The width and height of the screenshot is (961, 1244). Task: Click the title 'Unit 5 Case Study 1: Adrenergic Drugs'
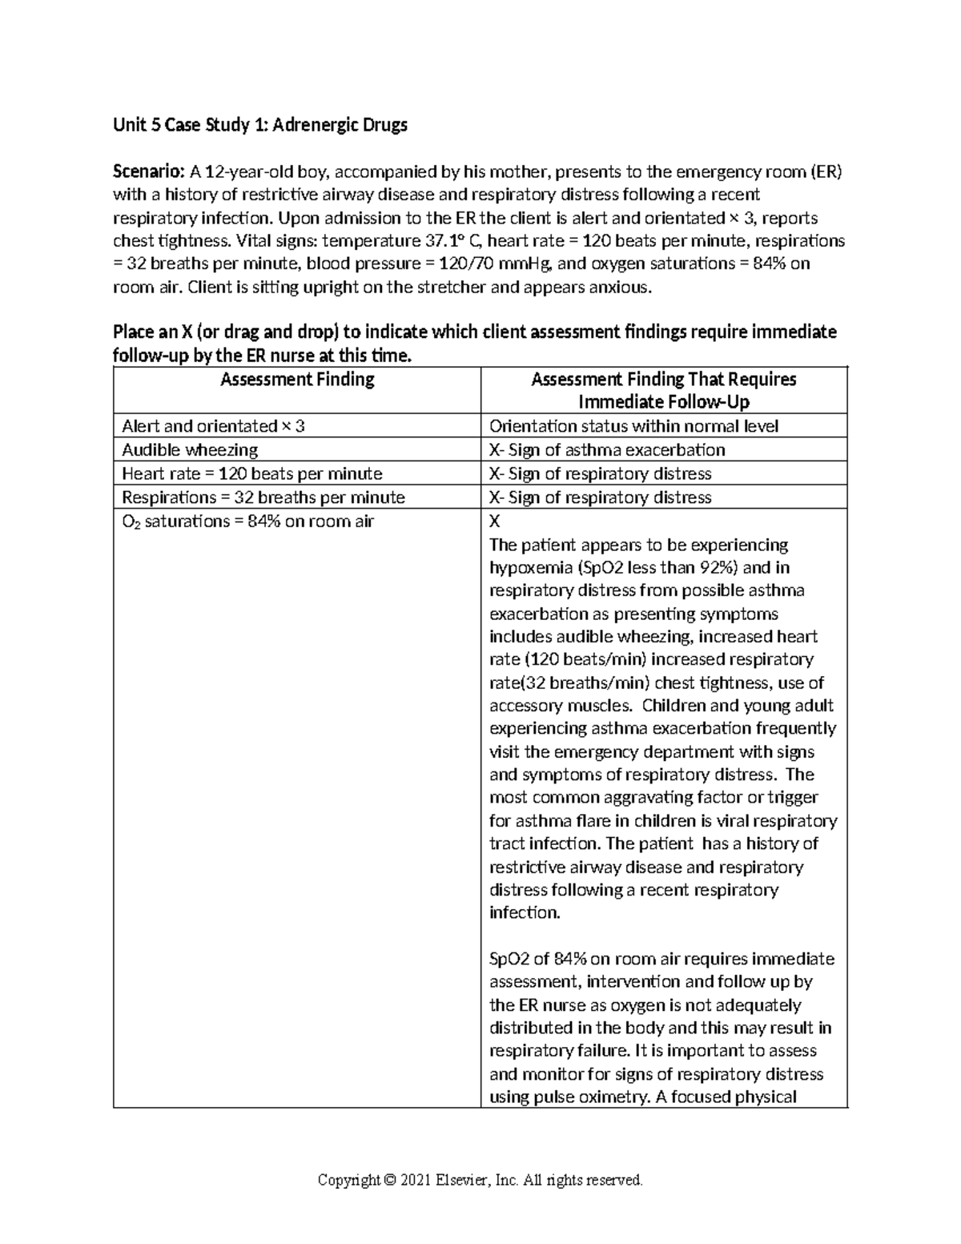(x=260, y=125)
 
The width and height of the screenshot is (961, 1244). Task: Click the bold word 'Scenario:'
(x=149, y=171)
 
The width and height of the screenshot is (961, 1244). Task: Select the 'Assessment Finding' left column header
(x=297, y=380)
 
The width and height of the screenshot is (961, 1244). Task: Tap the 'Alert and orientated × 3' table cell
(x=213, y=427)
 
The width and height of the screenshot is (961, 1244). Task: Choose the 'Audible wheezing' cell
(x=190, y=450)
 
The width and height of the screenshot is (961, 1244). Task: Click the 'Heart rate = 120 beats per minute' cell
(x=251, y=474)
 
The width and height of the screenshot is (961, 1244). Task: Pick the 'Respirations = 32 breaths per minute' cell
(x=263, y=497)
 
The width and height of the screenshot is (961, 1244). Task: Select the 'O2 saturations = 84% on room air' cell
(x=247, y=521)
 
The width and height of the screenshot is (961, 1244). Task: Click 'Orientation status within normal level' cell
(x=633, y=427)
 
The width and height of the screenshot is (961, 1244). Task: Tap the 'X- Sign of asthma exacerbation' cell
(x=607, y=450)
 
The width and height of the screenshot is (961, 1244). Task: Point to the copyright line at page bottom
(x=480, y=1180)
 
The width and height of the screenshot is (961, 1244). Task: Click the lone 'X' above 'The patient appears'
(x=494, y=521)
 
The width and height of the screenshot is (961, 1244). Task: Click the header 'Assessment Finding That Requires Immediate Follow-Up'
(x=663, y=391)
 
